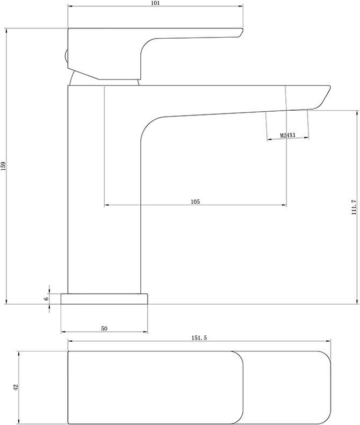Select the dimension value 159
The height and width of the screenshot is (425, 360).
click(x=3, y=167)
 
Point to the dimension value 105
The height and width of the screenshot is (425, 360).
click(x=195, y=201)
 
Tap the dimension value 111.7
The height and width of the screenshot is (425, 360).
click(x=354, y=206)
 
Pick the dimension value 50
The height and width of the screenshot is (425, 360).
click(x=104, y=328)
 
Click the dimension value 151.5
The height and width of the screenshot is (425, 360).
click(x=199, y=337)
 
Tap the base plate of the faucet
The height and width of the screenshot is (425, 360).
click(x=104, y=299)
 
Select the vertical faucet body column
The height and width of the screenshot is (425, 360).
click(x=104, y=188)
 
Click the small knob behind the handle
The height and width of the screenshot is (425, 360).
click(x=66, y=58)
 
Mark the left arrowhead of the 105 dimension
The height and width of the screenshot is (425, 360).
click(x=106, y=205)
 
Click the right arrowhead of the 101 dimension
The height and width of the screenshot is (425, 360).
click(x=242, y=7)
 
